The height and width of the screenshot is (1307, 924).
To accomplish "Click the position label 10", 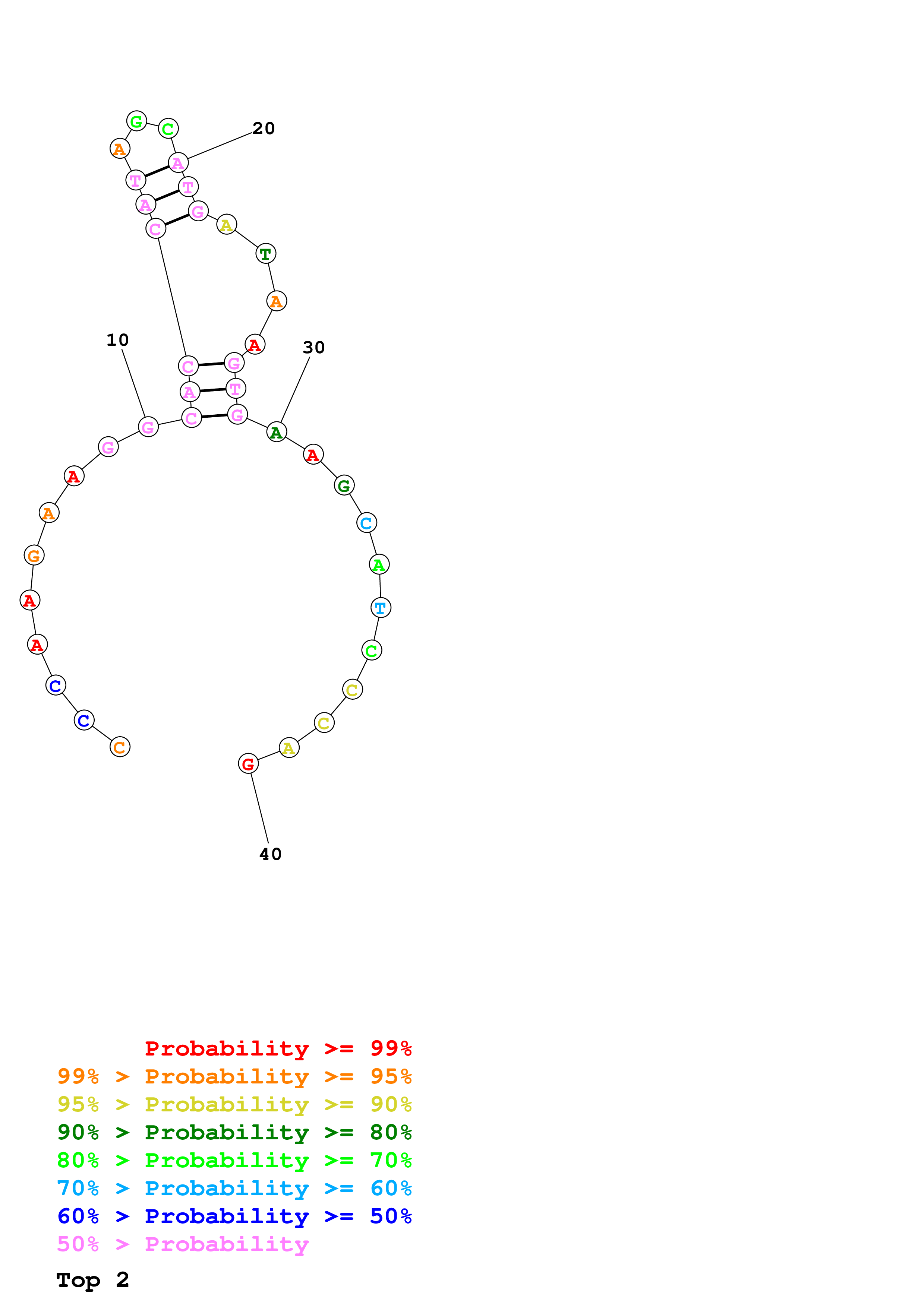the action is tap(117, 340).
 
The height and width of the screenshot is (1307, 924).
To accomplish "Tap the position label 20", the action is tap(264, 129).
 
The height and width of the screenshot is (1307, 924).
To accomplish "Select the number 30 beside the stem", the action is tap(314, 347).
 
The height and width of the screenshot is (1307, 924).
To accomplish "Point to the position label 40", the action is tap(271, 854).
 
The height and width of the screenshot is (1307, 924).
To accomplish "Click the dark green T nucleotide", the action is tap(266, 253).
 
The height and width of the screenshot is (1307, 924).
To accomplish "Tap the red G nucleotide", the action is tap(248, 763).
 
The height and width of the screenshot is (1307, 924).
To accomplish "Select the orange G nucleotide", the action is tap(34, 555).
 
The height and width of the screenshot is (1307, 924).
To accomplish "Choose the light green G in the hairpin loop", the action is tap(137, 121).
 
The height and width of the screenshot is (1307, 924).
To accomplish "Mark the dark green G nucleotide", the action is tap(344, 485).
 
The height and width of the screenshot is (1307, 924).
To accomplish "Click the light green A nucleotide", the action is tap(379, 565).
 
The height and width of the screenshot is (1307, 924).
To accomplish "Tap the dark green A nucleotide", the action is tap(277, 432).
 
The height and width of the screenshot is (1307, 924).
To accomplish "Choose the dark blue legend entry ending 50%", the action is tap(234, 1216).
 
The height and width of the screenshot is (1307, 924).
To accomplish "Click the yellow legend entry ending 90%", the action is tap(234, 1104).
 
